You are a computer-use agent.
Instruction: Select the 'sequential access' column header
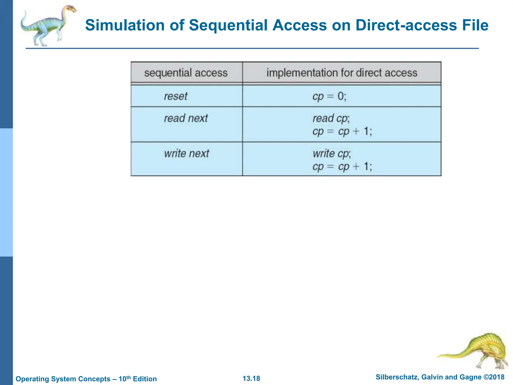[x=186, y=73]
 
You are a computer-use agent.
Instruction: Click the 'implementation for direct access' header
[x=342, y=73]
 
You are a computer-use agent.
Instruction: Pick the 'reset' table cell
[x=176, y=96]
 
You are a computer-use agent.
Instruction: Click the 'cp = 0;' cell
[x=329, y=96]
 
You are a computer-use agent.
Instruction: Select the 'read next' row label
[x=186, y=118]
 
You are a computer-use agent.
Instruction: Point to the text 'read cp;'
[x=331, y=118]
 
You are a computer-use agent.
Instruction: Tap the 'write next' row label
[x=186, y=153]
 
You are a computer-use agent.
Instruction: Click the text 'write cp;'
[x=332, y=153]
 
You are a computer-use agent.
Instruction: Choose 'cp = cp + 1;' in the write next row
[x=342, y=167]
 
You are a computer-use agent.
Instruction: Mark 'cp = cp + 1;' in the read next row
[x=342, y=131]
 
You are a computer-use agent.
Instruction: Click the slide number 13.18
[x=251, y=378]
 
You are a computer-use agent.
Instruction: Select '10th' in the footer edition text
[x=124, y=378]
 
